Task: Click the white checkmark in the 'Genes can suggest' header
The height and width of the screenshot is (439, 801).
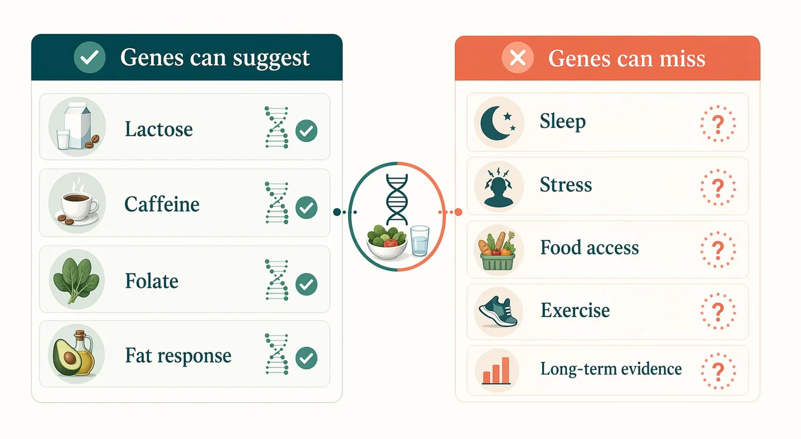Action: point(89,58)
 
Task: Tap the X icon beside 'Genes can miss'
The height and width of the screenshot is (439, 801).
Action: point(518,58)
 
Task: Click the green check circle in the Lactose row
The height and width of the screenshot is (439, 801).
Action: point(307,131)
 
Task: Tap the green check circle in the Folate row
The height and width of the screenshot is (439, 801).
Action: point(307,284)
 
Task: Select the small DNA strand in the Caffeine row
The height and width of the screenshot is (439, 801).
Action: point(277,203)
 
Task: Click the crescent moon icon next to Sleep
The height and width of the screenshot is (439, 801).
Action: point(495,123)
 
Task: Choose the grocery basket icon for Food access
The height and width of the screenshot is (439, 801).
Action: point(498,250)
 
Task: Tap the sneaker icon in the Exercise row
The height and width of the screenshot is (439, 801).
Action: point(498,312)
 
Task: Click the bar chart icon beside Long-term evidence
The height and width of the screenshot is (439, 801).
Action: point(496,371)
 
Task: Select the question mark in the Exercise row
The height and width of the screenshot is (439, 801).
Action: point(718,311)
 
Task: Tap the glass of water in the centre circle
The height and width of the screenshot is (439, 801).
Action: point(420,241)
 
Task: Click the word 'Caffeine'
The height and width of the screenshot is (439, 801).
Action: point(162,205)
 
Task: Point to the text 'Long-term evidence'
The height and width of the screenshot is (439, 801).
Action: point(611,369)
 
